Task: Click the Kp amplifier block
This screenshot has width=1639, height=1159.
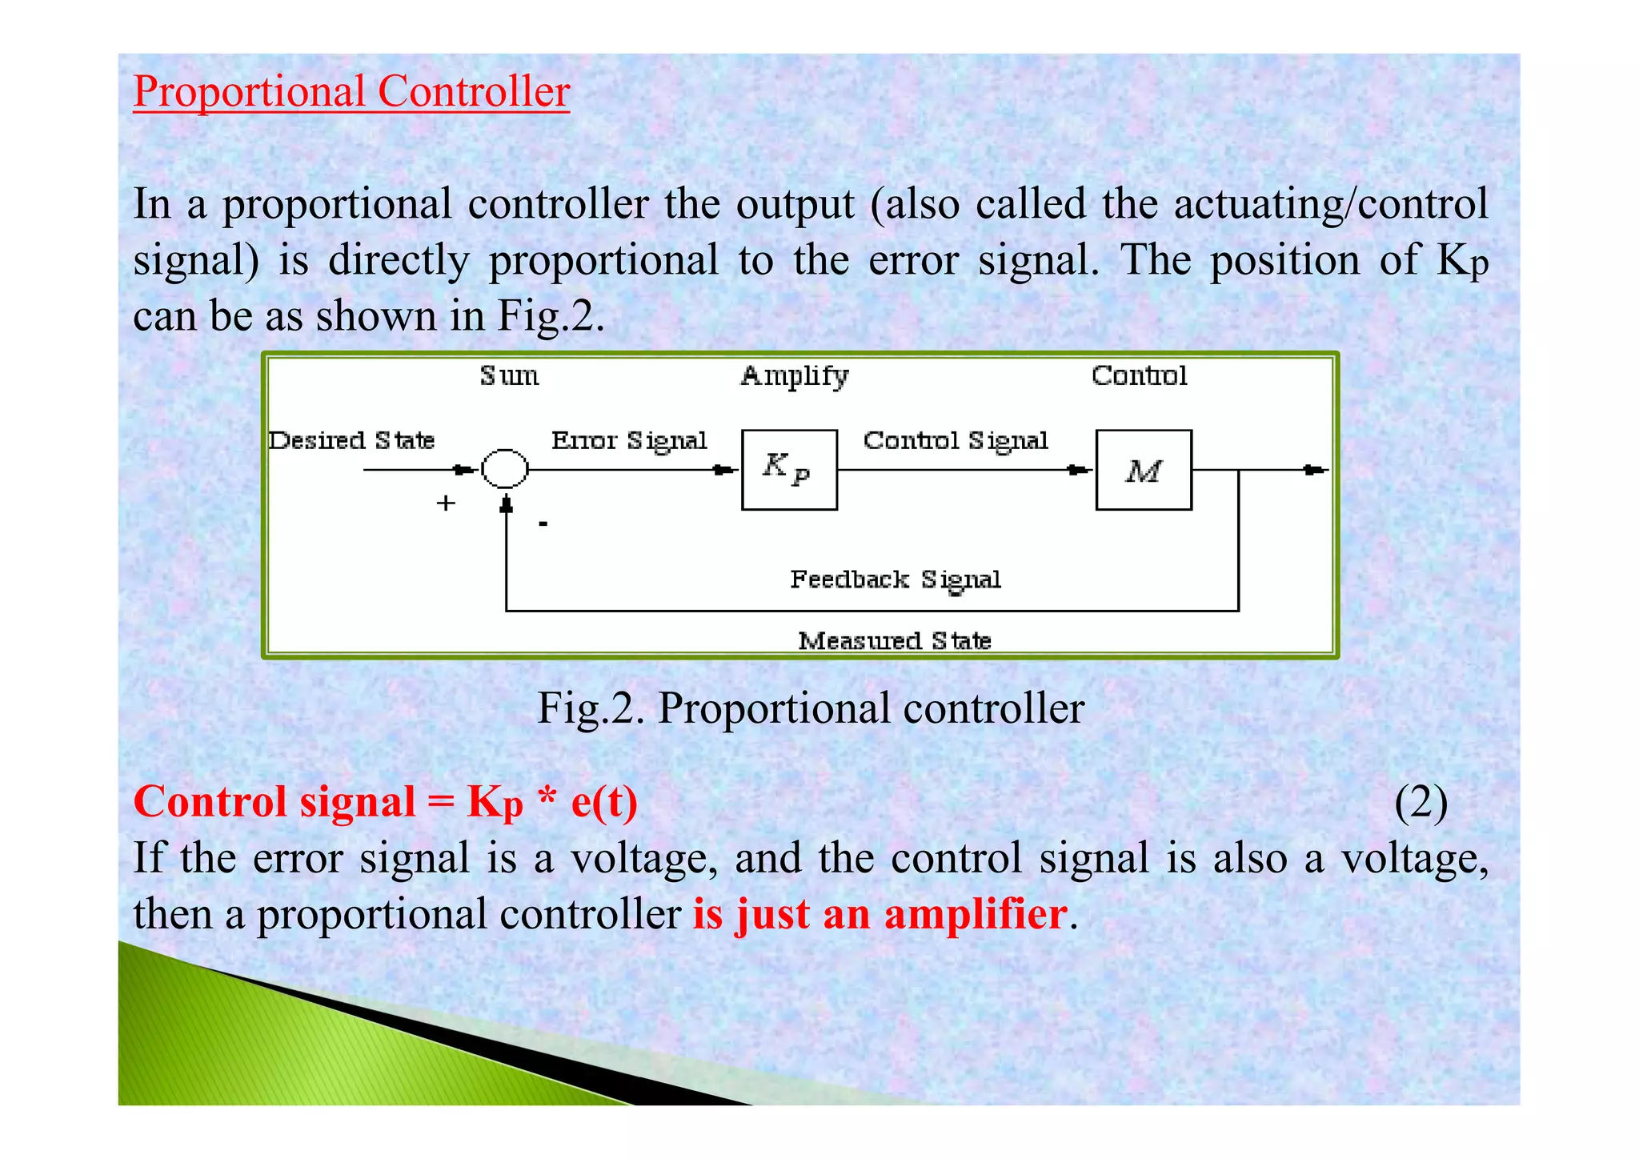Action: pyautogui.click(x=789, y=470)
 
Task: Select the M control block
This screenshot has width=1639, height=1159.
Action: pyautogui.click(x=1143, y=470)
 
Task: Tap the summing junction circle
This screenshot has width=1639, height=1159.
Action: pyautogui.click(x=505, y=469)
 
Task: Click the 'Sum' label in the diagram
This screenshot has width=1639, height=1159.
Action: pyautogui.click(x=509, y=376)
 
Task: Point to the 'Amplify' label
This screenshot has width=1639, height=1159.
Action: pyautogui.click(x=794, y=376)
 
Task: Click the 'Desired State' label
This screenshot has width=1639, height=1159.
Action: pyautogui.click(x=351, y=440)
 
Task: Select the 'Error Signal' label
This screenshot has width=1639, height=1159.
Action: pyautogui.click(x=629, y=440)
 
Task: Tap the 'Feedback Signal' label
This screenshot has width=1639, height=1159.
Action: pyautogui.click(x=896, y=579)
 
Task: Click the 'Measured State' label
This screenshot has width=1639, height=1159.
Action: pyautogui.click(x=895, y=640)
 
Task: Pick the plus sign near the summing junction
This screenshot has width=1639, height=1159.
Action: pyautogui.click(x=446, y=503)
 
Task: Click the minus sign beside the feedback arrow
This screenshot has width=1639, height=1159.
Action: pyautogui.click(x=543, y=523)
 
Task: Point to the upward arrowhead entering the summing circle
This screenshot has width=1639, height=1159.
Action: pyautogui.click(x=506, y=504)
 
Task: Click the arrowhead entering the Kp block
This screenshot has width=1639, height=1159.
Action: pyautogui.click(x=725, y=470)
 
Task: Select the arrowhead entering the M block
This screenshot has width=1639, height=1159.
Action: pyautogui.click(x=1080, y=470)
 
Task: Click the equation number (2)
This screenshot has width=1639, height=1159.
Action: pyautogui.click(x=1421, y=802)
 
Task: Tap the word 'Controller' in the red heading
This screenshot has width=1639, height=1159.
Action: pyautogui.click(x=473, y=91)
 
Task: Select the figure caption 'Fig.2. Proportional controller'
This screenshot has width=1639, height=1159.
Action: pyautogui.click(x=811, y=708)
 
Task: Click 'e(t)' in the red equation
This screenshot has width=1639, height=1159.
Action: pyautogui.click(x=604, y=802)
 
